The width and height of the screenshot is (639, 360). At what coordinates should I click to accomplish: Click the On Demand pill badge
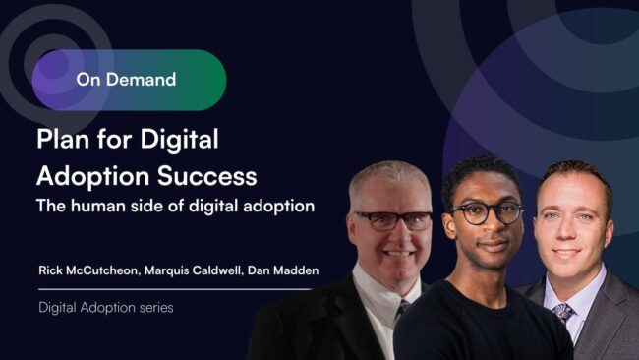[x=128, y=80]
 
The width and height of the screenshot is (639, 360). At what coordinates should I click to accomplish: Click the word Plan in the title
[x=64, y=140]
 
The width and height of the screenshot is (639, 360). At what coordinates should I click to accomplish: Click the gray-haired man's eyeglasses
[x=390, y=220]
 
